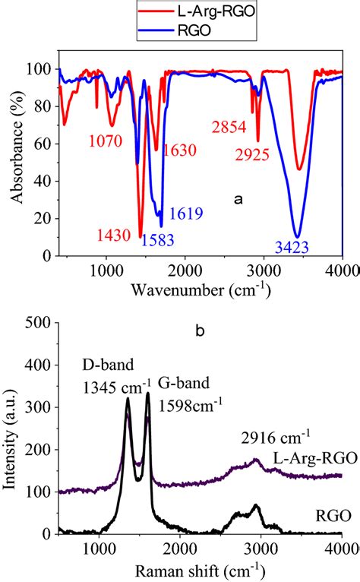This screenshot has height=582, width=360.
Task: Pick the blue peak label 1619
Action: (x=185, y=215)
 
